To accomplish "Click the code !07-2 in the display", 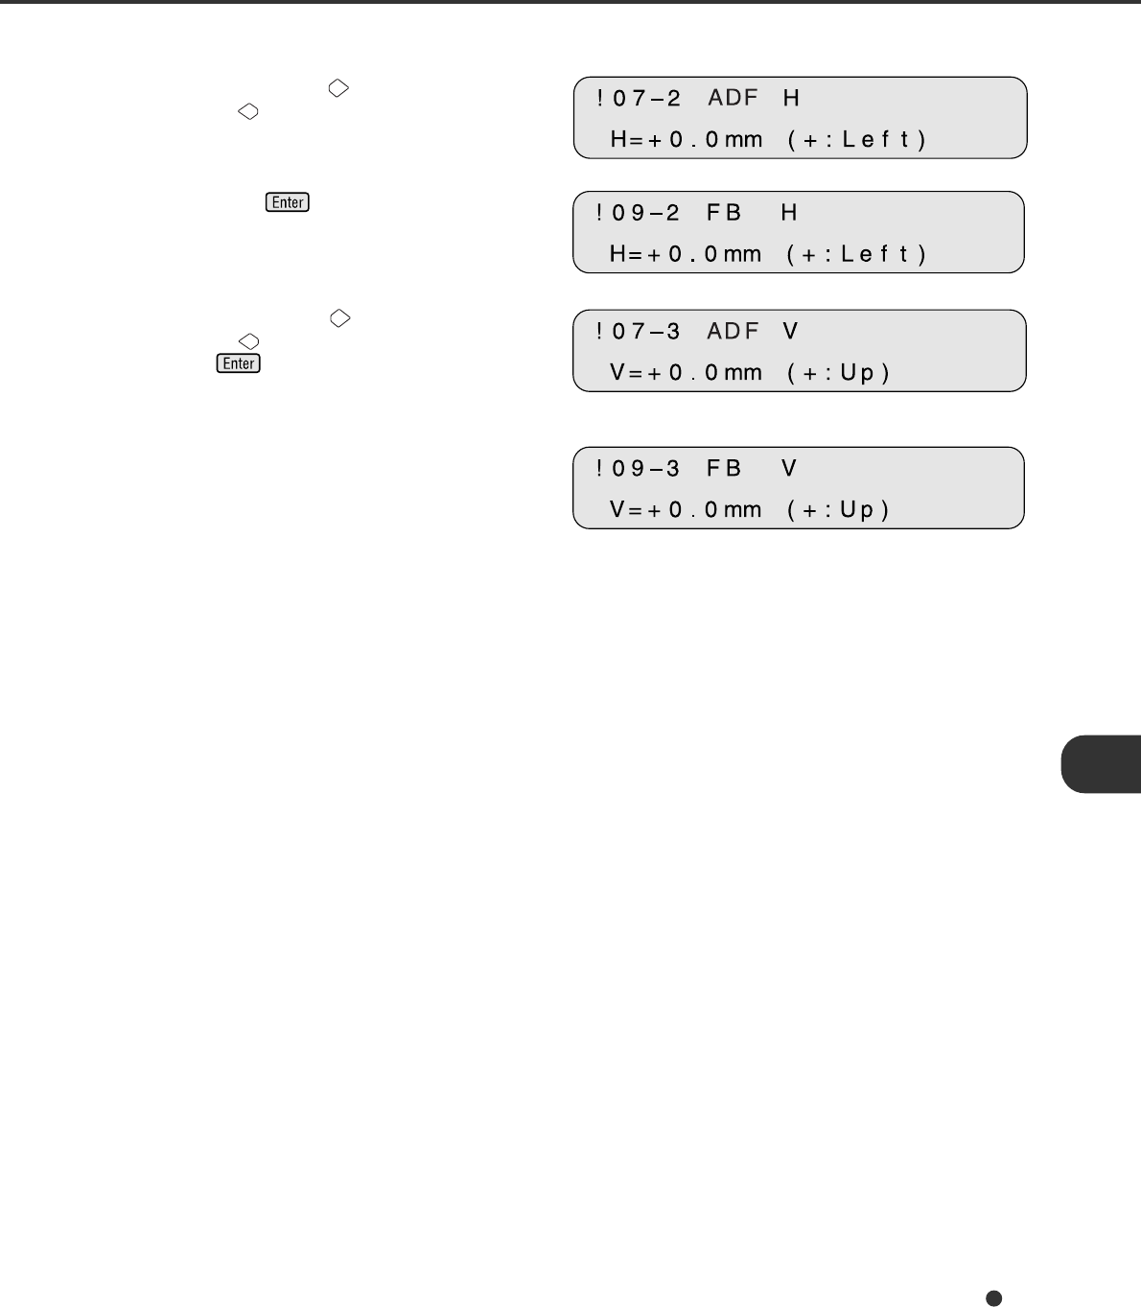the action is click(639, 99).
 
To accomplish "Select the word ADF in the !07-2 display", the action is click(733, 99).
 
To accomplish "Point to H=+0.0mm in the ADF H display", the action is click(687, 140).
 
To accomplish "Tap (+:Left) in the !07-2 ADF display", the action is click(857, 140).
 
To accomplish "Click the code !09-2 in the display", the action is click(639, 213).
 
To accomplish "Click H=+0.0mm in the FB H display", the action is click(687, 254).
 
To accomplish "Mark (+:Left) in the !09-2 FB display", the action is click(857, 254).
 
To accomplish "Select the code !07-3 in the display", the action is click(639, 332).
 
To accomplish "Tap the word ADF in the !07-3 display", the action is click(733, 332).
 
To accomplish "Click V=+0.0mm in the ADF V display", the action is click(687, 373).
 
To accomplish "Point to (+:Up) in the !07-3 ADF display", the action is click(839, 373).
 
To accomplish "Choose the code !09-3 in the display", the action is click(639, 469).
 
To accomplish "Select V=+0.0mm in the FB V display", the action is click(687, 510).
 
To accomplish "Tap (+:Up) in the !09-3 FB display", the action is click(839, 510).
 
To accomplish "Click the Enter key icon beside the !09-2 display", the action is click(288, 202).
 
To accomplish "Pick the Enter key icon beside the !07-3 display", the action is click(239, 363).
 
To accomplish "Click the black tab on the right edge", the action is click(1102, 764).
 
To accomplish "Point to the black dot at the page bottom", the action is click(994, 1297).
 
